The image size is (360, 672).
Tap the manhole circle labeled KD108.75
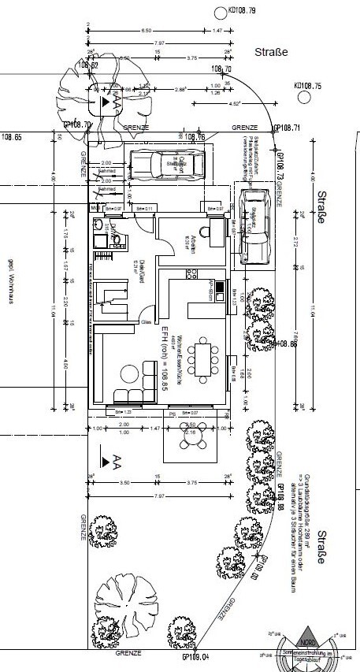302,97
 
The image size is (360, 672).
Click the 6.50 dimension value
146,29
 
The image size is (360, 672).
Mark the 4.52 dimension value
234,102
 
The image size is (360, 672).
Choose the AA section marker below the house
112,459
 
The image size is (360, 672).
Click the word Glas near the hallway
146,321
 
